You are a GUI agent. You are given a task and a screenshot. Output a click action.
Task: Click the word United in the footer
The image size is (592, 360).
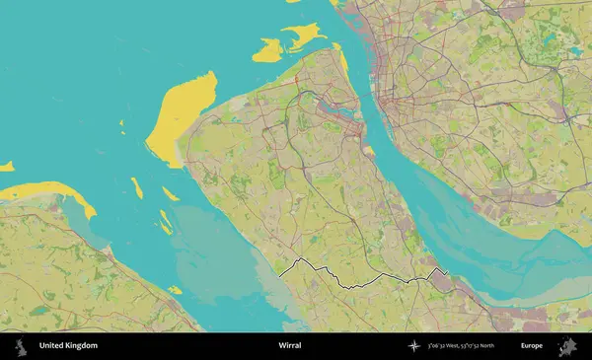pos(52,346)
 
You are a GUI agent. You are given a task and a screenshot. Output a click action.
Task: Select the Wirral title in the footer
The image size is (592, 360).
pos(289,346)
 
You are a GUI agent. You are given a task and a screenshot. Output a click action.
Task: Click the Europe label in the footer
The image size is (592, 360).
pos(532,346)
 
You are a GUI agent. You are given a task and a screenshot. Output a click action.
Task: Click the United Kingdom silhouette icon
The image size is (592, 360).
pos(20,346)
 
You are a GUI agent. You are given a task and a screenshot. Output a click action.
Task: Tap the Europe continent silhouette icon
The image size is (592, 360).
pos(567,346)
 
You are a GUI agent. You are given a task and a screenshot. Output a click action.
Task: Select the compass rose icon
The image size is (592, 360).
pos(413,346)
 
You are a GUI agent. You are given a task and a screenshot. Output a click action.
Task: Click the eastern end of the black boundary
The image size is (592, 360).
pos(447,271)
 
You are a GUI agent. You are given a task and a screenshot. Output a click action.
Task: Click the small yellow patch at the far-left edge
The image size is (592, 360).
pos(6,166)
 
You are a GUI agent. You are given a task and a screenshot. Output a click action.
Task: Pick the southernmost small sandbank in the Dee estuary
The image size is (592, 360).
pos(175,290)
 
